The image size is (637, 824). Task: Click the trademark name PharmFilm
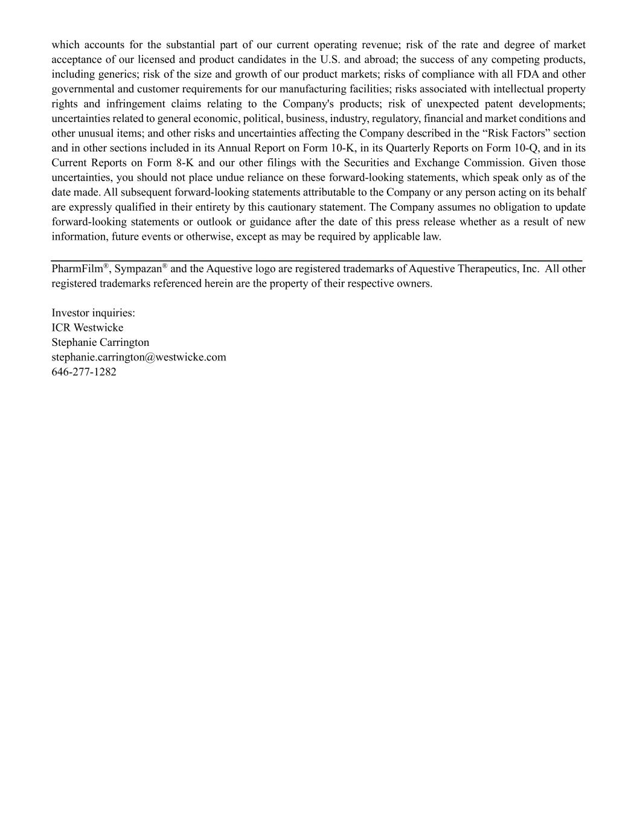(x=77, y=269)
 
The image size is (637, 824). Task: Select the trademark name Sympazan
(x=138, y=269)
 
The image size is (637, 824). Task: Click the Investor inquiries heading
(x=94, y=313)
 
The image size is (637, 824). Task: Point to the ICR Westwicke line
(x=88, y=328)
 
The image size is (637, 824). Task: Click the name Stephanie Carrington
(x=100, y=342)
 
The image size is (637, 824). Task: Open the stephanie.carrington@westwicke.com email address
(x=139, y=357)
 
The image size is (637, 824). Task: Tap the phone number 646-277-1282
(x=84, y=372)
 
